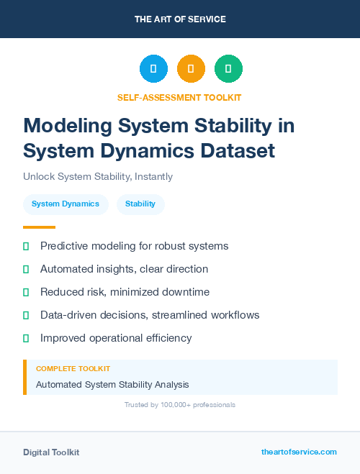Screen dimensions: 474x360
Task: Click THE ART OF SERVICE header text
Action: pyautogui.click(x=180, y=19)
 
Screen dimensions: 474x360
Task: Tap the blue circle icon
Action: pyautogui.click(x=153, y=69)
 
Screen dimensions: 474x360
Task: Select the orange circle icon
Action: pyautogui.click(x=191, y=69)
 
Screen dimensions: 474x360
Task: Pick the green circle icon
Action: pyautogui.click(x=228, y=69)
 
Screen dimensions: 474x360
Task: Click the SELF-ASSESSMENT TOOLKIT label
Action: pyautogui.click(x=179, y=97)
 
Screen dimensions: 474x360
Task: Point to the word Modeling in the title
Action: pyautogui.click(x=68, y=125)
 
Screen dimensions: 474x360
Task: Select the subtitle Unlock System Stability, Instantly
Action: pyautogui.click(x=98, y=176)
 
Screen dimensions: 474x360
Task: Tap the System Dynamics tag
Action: pyautogui.click(x=66, y=204)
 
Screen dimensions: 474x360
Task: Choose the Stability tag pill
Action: pyautogui.click(x=140, y=204)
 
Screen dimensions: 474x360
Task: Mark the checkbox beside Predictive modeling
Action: pyautogui.click(x=27, y=246)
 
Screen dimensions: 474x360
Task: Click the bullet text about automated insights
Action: pyautogui.click(x=124, y=269)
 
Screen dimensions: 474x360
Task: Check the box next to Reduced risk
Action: pyautogui.click(x=27, y=292)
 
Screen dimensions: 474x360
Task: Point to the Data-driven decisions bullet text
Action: pyautogui.click(x=150, y=315)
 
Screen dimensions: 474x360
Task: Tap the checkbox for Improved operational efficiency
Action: pyautogui.click(x=27, y=338)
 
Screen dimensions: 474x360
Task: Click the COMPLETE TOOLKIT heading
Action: pyautogui.click(x=73, y=368)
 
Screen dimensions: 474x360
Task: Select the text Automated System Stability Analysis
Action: pyautogui.click(x=112, y=385)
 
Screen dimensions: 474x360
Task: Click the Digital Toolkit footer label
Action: pyautogui.click(x=51, y=452)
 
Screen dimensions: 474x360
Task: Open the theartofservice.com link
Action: pyautogui.click(x=299, y=452)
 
